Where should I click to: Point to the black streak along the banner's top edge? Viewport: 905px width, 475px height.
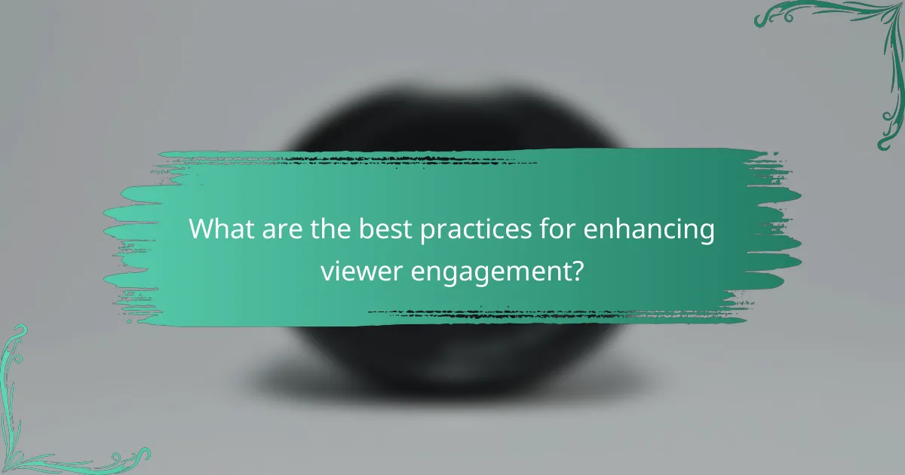tap(392, 160)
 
